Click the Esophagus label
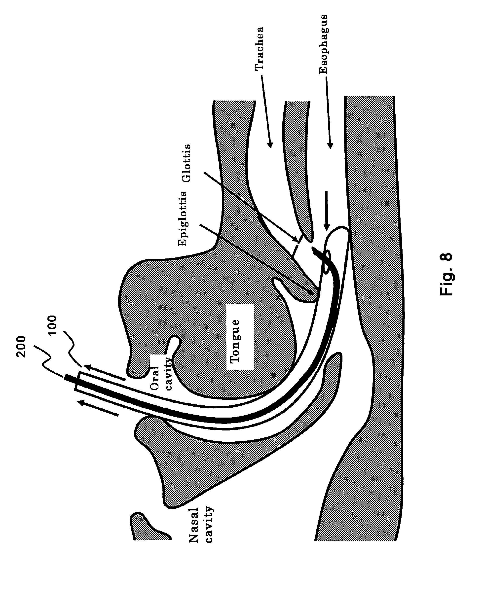pos(323,44)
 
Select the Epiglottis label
pos(183,219)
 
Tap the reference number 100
pos(52,325)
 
